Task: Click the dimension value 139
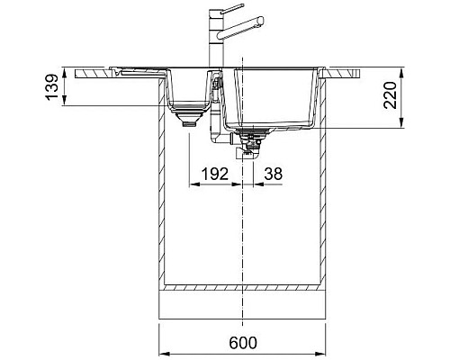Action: [x=51, y=86]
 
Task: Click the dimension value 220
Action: [x=391, y=94]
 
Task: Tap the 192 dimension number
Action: [x=215, y=174]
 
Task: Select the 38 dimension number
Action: [x=273, y=174]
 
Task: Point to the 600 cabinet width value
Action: [x=243, y=343]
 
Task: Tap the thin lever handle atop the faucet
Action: [x=231, y=8]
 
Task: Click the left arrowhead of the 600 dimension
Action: [x=163, y=353]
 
